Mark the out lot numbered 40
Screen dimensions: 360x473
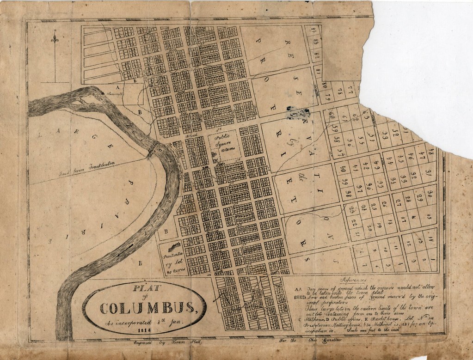tap(343, 169)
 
